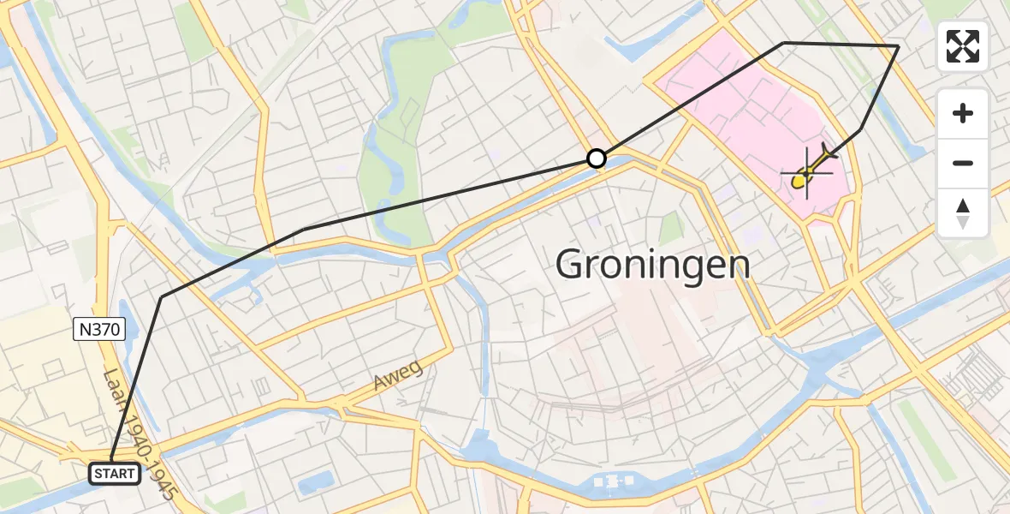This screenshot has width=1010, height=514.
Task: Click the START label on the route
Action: coord(114,473)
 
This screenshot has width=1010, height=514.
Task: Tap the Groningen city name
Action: coord(653,264)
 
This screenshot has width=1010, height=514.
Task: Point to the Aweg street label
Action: coord(398,378)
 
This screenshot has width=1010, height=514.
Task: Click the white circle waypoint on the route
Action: coord(597,158)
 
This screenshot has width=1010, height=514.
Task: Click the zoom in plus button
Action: coord(963,113)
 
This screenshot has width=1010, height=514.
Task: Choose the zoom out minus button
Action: coord(963,163)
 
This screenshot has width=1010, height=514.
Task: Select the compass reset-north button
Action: coord(963,212)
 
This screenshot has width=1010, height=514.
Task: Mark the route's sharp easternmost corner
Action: coord(898,45)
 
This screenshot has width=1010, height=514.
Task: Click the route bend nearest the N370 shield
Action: coord(162,296)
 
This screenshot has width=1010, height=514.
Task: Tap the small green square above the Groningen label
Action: coord(673,228)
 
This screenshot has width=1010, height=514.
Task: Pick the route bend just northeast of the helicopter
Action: coord(860,128)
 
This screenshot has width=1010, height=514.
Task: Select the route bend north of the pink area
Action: coord(783,42)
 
